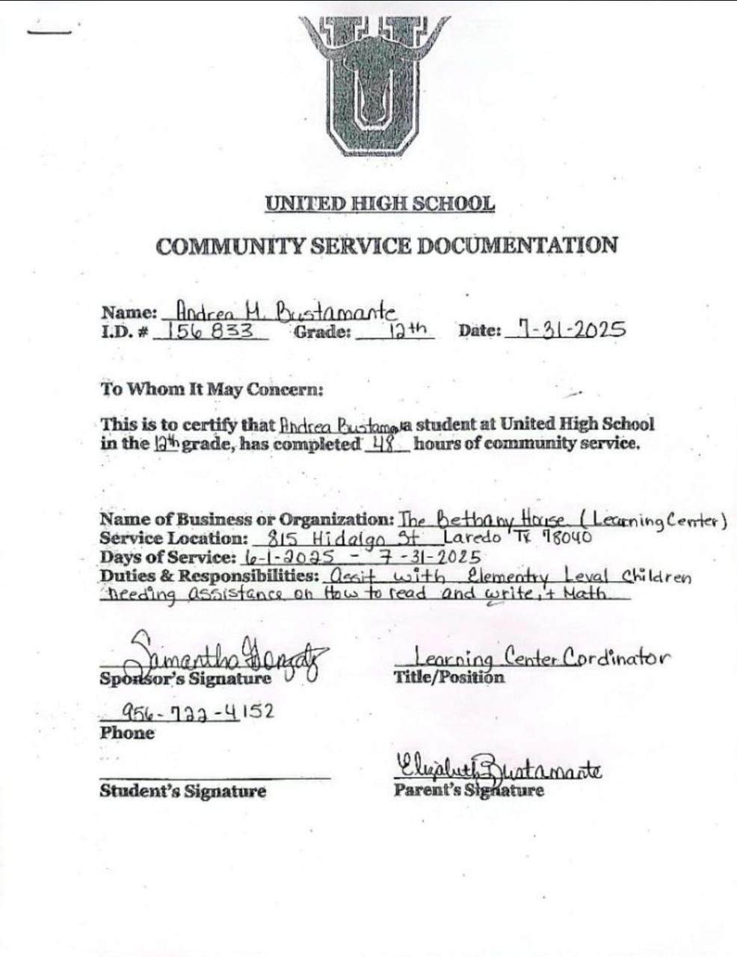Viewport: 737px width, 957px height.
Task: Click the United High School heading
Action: click(x=380, y=203)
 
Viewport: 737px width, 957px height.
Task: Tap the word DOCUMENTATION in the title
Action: click(x=516, y=246)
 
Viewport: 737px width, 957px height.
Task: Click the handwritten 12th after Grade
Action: click(x=407, y=330)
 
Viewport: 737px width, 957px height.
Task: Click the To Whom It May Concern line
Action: click(x=212, y=390)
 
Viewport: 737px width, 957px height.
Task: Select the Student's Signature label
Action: click(x=182, y=791)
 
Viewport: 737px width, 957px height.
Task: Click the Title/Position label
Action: click(x=448, y=677)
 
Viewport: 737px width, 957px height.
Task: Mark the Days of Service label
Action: click(x=169, y=557)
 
